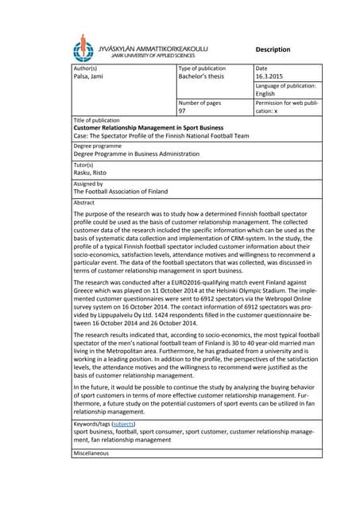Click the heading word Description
(273, 49)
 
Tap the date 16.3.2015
(271, 78)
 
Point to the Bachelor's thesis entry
(207, 78)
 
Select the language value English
(265, 94)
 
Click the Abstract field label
(83, 203)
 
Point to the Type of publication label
(203, 69)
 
